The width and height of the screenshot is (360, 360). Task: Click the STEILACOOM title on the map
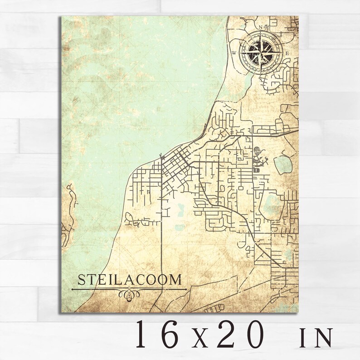[x=129, y=280]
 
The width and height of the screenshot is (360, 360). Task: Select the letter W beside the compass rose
[x=234, y=53]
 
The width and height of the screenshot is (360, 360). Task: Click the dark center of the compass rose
[x=260, y=53]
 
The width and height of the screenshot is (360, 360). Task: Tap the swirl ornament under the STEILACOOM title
[x=129, y=295]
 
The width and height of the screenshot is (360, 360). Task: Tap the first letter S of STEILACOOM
[x=82, y=280]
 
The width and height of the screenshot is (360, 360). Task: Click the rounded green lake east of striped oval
[x=282, y=165]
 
